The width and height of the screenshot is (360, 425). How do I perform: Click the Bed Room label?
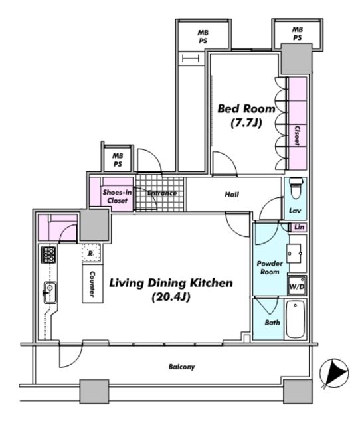[246, 109]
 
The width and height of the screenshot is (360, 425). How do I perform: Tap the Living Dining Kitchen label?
[171, 283]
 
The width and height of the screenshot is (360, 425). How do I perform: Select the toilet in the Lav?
[296, 188]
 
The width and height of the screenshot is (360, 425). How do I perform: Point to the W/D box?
[297, 286]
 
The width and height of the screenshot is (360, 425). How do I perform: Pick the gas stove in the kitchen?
[48, 255]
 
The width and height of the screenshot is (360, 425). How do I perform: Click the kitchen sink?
[50, 292]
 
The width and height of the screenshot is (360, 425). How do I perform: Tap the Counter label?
[92, 284]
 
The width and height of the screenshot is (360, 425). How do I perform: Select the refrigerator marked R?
[91, 253]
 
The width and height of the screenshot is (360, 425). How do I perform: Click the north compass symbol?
[334, 373]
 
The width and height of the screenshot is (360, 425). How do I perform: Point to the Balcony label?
[181, 367]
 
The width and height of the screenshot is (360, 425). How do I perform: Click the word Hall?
[232, 195]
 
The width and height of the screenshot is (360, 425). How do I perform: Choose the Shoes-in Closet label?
[117, 197]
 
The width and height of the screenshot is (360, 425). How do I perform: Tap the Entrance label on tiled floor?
[162, 193]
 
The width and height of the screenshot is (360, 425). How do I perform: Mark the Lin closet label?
[300, 227]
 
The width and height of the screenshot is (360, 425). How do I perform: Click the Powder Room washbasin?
[294, 254]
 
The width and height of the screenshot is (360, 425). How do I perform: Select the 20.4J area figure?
[171, 297]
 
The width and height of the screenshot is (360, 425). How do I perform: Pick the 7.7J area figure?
[246, 123]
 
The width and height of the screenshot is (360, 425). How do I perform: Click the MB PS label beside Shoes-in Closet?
[118, 160]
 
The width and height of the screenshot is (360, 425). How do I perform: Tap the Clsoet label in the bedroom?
[298, 135]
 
